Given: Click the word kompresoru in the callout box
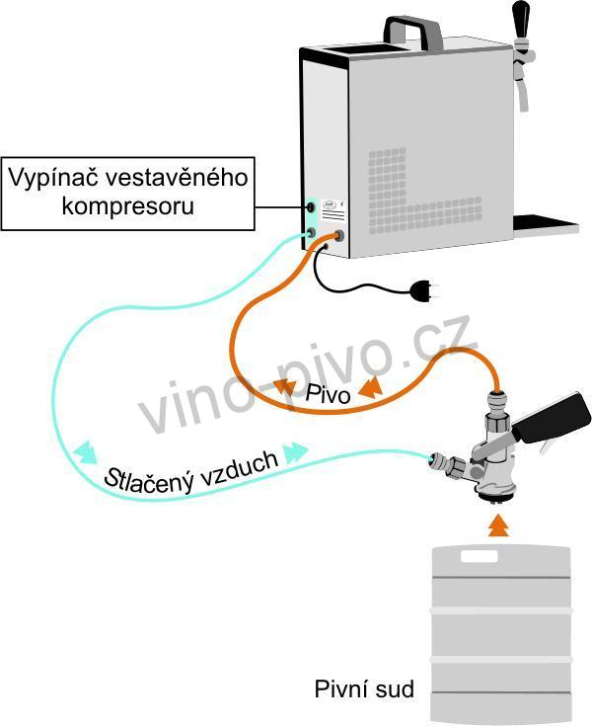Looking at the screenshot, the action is click(128, 206).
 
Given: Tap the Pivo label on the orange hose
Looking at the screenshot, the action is click(328, 394).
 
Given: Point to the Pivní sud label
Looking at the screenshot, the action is click(364, 688).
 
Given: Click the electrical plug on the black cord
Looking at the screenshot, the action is click(422, 290).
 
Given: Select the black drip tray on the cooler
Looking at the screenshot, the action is click(546, 224).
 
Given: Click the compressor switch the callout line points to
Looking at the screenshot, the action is click(311, 206).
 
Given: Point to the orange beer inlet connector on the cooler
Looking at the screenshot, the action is click(339, 235).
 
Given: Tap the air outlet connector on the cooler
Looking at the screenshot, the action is click(311, 232).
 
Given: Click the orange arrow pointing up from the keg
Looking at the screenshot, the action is click(498, 524).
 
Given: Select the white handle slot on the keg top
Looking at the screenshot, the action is click(479, 555).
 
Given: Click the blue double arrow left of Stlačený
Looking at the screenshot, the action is click(86, 452).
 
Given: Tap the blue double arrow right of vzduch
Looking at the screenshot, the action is click(295, 452).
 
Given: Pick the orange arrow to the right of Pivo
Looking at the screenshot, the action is click(371, 387).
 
